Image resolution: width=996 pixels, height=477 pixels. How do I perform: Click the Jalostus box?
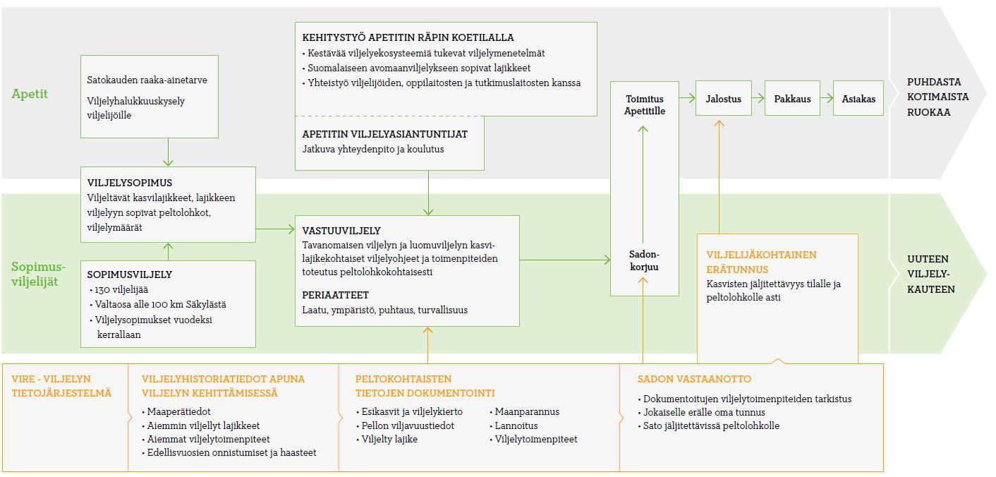[x=724, y=98]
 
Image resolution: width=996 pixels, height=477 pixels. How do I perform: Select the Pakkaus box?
[x=792, y=98]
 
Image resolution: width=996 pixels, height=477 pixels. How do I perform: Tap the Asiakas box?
[x=858, y=98]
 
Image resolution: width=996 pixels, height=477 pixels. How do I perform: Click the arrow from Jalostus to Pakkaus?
[x=758, y=98]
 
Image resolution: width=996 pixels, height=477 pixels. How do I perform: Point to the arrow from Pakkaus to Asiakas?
[x=827, y=98]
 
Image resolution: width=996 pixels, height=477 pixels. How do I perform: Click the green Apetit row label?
[x=30, y=94]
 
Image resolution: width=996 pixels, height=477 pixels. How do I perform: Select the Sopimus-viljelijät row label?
[x=38, y=274]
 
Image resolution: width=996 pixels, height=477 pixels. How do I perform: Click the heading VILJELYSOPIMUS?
[x=129, y=183]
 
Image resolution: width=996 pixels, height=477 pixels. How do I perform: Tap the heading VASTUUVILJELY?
[x=341, y=231]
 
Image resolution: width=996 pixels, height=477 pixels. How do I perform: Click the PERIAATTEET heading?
[x=335, y=295]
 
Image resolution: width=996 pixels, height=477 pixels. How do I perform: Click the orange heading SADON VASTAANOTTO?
[x=694, y=379]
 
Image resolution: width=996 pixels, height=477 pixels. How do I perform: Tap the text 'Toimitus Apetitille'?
[x=644, y=105]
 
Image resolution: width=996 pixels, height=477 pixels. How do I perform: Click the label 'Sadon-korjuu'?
[x=644, y=261]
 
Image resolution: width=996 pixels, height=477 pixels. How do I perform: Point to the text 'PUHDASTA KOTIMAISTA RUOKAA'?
[x=937, y=97]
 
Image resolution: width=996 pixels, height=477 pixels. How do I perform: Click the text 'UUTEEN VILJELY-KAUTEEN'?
[x=931, y=274]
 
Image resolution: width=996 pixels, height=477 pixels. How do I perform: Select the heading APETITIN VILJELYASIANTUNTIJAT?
[x=384, y=134]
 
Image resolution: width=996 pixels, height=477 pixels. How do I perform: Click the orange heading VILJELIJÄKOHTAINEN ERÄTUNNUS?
[x=761, y=262]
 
